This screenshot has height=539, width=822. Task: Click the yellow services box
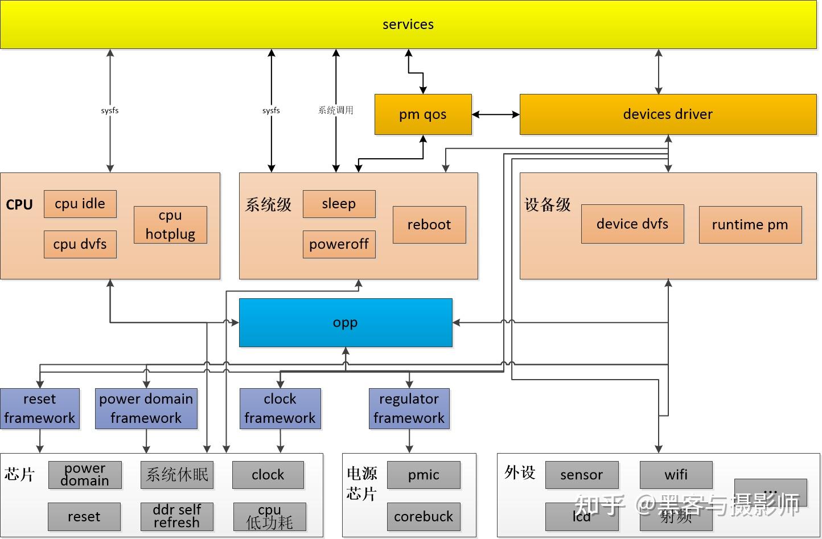coord(408,24)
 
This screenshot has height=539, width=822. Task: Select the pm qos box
coord(423,114)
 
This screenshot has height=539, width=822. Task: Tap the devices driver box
coord(668,114)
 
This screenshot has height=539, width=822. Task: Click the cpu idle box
coord(80,204)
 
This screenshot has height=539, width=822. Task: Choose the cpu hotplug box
coord(170,225)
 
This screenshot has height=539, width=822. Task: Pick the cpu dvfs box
coord(80,244)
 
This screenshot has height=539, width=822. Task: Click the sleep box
coord(339,204)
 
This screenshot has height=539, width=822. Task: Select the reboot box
coord(429,225)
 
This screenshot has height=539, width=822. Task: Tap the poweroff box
coord(339,244)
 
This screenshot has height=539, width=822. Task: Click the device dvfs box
coord(632,224)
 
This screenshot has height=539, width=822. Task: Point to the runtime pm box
coord(750,225)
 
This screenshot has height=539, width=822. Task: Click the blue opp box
coord(346,323)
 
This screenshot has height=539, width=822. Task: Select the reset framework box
coord(39,409)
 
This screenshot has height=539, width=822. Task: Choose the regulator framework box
coord(409,409)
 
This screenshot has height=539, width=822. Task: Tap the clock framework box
coord(280,409)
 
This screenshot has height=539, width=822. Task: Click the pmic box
coord(424,475)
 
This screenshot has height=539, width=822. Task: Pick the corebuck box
coord(424,516)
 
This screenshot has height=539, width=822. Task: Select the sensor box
coord(581,475)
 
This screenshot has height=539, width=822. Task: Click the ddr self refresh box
coord(176,516)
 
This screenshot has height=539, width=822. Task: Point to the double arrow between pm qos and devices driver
coord(496,114)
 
